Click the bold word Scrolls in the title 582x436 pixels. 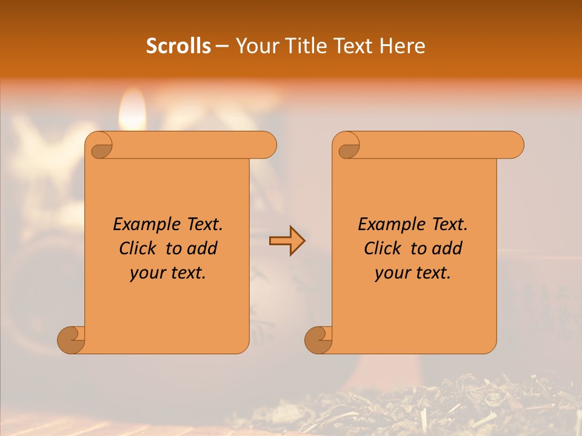point(179,46)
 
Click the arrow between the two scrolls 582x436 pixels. point(287,241)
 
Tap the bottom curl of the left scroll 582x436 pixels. point(72,340)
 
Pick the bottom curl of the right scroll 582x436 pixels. point(318,340)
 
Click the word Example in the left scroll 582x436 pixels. point(144,225)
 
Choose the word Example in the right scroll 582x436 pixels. point(389,225)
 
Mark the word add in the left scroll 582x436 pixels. point(203,248)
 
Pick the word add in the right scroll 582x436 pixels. point(448,248)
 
